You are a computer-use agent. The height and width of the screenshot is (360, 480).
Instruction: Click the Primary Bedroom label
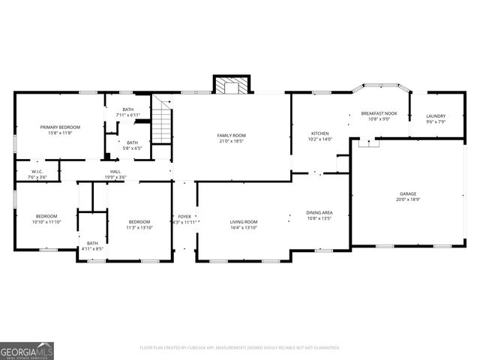click(x=60, y=130)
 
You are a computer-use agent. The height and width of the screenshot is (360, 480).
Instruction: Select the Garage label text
click(x=408, y=196)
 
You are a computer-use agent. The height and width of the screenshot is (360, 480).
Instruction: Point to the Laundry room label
click(x=436, y=118)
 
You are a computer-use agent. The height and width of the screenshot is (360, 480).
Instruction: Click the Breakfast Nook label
click(x=379, y=115)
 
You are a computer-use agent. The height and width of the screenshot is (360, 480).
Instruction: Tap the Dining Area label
click(x=319, y=215)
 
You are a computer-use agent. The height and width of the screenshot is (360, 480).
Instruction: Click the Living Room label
click(x=244, y=224)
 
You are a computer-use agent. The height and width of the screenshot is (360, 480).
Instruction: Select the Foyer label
click(x=184, y=219)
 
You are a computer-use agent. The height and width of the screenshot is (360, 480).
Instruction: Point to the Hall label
click(x=115, y=174)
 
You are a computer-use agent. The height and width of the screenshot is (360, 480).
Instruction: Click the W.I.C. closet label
click(x=37, y=174)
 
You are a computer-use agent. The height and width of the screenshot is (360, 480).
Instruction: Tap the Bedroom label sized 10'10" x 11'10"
click(x=46, y=219)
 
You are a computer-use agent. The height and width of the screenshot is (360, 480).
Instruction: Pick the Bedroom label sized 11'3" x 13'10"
click(x=139, y=224)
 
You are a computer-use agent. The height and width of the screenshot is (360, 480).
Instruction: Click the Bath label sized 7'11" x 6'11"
click(x=128, y=112)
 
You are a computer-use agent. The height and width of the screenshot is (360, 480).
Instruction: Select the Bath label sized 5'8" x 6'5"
click(x=132, y=145)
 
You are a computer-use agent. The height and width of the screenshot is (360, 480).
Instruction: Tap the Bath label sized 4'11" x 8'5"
click(x=92, y=245)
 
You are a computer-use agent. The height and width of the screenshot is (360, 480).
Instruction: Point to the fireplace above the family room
click(x=231, y=86)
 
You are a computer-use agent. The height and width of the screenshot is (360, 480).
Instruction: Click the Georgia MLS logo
click(x=27, y=350)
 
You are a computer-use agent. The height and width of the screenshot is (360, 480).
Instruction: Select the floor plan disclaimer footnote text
click(x=240, y=347)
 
